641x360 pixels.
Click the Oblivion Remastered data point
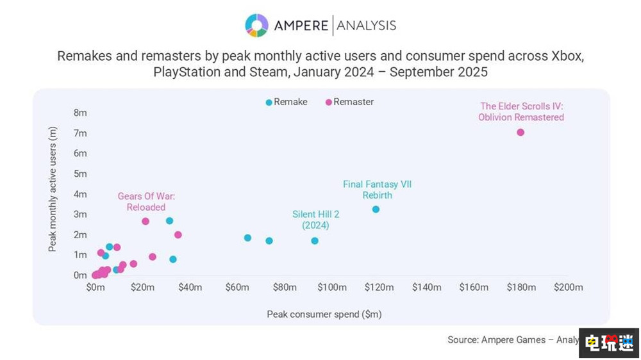coord(520,133)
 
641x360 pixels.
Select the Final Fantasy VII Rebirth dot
coord(376,209)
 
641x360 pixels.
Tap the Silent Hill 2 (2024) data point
coord(315,241)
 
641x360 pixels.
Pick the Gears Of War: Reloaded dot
coord(146,222)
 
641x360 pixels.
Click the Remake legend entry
coord(286,102)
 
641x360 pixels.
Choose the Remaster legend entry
coord(349,102)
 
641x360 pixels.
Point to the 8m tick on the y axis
coord(80,113)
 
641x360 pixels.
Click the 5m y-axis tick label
coord(80,174)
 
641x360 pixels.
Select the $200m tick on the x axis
coord(569,288)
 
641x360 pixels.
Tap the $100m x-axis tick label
coord(331,288)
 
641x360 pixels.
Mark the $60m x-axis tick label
coord(237,288)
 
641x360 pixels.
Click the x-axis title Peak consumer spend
coord(324,315)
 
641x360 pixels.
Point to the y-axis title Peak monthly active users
coord(53,188)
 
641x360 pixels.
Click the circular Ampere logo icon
coord(256,26)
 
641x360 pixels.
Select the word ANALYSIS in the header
coord(366,26)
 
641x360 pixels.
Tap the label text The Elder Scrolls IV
coord(521,106)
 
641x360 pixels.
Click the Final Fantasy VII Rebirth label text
coord(377,190)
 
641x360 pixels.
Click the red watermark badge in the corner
coord(609,343)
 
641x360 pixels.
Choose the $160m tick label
coord(474,288)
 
